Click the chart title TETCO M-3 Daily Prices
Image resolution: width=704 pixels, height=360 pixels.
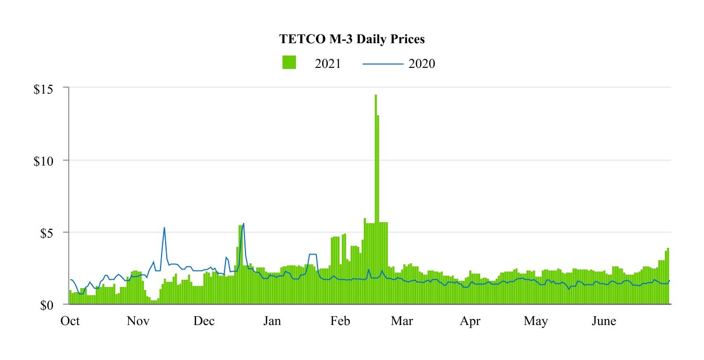coord(352,39)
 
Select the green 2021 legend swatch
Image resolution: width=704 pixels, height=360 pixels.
coord(289,62)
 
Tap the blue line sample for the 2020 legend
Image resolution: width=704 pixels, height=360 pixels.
coord(382,64)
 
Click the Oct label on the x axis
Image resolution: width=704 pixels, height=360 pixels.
coord(70,322)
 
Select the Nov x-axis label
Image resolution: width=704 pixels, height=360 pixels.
coord(138,322)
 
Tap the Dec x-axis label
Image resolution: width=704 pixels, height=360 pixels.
coord(204,322)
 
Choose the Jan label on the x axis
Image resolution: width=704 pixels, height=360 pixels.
coord(272,322)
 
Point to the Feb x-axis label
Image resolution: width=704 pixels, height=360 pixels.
coord(340,322)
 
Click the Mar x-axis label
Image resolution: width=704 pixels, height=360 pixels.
coord(401,322)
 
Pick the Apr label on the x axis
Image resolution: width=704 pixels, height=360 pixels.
coord(470,322)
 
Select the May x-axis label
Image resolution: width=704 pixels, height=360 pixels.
coord(536,322)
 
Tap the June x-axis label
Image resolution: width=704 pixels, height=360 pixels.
coord(604,322)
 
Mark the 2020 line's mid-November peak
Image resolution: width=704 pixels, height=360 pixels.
coord(164,227)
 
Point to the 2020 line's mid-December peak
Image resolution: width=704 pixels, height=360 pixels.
coord(243,223)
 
